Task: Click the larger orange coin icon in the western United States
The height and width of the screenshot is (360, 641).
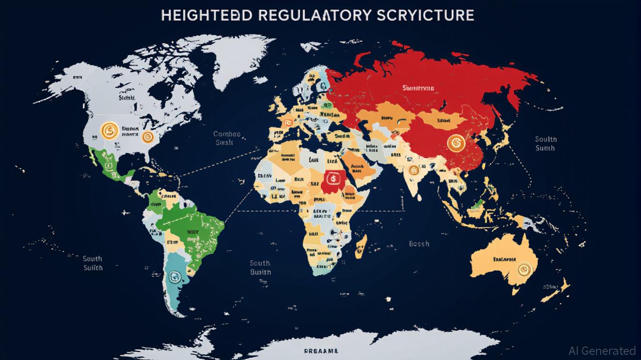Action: [108, 129]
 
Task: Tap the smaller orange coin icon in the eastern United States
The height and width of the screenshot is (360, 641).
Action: [148, 136]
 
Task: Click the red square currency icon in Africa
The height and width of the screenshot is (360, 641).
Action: [332, 178]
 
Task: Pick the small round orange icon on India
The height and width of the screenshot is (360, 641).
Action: [413, 170]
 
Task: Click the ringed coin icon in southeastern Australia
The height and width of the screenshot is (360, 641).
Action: [522, 269]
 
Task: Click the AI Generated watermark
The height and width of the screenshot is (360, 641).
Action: [602, 351]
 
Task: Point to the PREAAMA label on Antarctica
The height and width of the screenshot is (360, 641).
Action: [320, 351]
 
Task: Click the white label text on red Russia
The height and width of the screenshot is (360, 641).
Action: [418, 88]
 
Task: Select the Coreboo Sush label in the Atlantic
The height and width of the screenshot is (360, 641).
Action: [227, 138]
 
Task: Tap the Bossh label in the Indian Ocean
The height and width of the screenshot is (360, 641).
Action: [418, 244]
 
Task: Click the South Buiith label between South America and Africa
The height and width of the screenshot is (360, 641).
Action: [260, 268]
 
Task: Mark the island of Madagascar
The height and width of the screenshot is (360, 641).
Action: [361, 243]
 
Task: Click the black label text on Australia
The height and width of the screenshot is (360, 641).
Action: [504, 259]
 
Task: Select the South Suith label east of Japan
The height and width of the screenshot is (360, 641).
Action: [545, 143]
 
